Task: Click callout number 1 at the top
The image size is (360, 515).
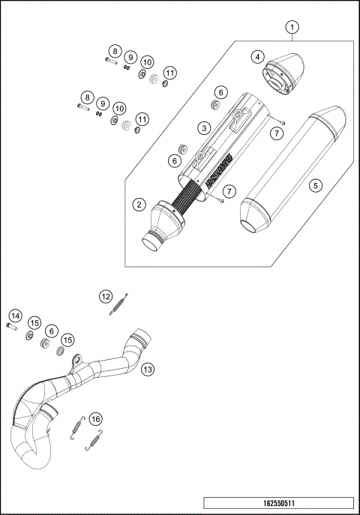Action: (293, 28)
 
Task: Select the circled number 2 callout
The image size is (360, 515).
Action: (139, 204)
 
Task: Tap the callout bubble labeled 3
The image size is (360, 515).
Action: (202, 128)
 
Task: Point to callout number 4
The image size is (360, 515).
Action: (258, 57)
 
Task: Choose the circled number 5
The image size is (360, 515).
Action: (316, 184)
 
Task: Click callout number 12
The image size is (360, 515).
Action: (106, 296)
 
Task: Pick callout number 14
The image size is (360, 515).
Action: (16, 316)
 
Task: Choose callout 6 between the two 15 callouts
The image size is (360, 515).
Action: (51, 330)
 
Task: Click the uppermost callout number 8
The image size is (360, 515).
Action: (114, 51)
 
